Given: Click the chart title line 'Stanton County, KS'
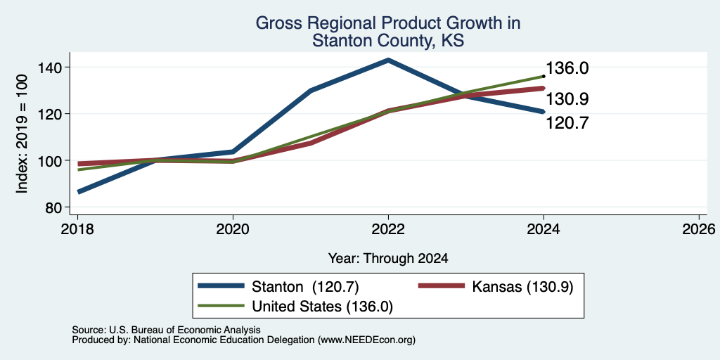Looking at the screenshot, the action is click(388, 41).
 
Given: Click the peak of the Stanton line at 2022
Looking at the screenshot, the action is click(388, 60).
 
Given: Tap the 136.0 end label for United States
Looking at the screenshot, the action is click(567, 68).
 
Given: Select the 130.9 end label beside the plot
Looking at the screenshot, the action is click(567, 98).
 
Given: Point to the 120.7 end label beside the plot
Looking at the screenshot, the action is click(567, 123).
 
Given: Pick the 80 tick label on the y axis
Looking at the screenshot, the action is click(53, 207).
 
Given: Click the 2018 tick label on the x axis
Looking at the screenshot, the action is click(77, 229).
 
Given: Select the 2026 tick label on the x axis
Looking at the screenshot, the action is click(699, 229).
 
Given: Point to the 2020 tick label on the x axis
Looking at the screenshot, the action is click(233, 229).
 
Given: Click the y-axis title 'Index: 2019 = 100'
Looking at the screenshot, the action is click(22, 134).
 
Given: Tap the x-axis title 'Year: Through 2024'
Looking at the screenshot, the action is click(388, 259).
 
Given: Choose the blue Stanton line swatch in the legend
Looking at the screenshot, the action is click(221, 287).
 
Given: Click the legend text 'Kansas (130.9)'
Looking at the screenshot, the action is click(522, 287).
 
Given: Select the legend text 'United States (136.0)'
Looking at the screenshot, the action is click(322, 307).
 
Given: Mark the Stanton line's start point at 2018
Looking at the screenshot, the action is click(78, 191).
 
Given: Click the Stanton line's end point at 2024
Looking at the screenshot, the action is click(544, 112).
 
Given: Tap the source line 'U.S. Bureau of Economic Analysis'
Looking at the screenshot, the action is click(185, 330).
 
